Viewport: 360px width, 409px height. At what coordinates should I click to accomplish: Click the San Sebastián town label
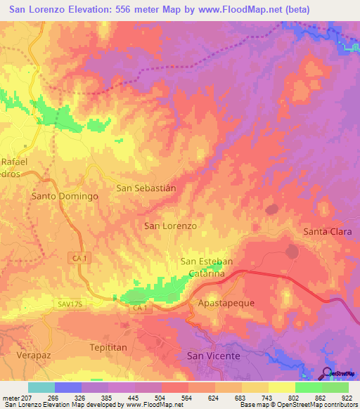146,188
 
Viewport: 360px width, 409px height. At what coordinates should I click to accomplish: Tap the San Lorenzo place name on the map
170,226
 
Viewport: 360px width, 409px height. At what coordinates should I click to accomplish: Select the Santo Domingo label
65,196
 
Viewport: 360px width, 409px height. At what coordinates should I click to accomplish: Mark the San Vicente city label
213,356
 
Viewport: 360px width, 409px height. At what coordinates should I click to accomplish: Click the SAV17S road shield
70,304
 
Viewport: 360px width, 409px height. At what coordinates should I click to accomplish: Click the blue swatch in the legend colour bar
68,387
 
